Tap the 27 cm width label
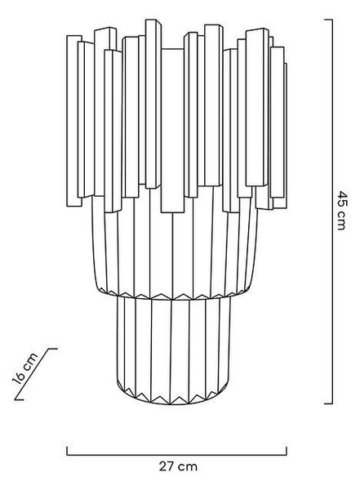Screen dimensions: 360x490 (178, 466)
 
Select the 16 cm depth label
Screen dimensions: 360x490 (24, 368)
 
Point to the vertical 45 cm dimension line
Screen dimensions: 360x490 (332, 212)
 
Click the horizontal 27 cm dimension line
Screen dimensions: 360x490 (176, 455)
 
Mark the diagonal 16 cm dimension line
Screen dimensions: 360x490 (36, 374)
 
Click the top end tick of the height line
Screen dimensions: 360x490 (328, 20)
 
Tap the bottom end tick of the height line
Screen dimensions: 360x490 (328, 403)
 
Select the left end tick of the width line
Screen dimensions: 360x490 (67, 451)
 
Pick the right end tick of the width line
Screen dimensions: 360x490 (287, 451)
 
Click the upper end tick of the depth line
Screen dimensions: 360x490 (52, 349)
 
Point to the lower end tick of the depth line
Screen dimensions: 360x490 (20, 399)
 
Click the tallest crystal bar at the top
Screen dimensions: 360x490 (153, 104)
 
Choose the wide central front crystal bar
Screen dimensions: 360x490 (172, 131)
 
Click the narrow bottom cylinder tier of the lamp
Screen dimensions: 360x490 (173, 350)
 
